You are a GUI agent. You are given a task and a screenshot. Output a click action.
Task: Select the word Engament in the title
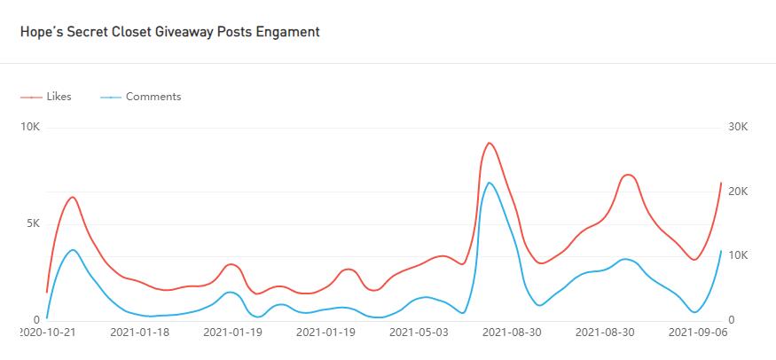(288, 32)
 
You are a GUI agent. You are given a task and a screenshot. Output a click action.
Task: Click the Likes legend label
(59, 97)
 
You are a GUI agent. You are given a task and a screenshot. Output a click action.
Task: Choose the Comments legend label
(153, 97)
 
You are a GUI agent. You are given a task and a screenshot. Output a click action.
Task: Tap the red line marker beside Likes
(32, 97)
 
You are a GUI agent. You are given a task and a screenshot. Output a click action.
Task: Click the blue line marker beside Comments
(111, 97)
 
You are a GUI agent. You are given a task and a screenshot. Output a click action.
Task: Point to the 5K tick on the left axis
(30, 223)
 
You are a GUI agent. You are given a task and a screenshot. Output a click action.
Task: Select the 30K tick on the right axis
(738, 128)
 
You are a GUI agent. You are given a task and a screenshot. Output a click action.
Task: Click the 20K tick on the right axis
(738, 192)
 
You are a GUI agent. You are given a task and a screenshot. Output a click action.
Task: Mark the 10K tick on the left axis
(29, 128)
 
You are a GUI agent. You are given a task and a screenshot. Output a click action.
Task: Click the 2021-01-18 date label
(141, 333)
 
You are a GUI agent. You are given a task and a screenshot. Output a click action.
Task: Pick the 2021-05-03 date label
(419, 333)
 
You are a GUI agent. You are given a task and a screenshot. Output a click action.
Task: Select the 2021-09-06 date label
(697, 333)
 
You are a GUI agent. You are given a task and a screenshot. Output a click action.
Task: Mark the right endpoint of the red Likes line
(721, 184)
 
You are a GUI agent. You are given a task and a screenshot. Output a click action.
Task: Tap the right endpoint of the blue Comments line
(721, 251)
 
